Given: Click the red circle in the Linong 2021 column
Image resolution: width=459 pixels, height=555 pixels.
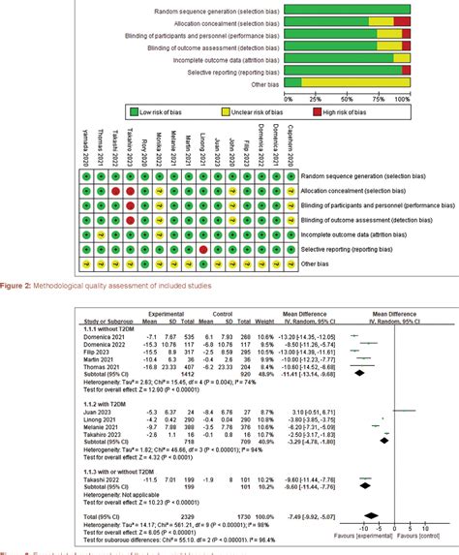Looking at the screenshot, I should [202, 250].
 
